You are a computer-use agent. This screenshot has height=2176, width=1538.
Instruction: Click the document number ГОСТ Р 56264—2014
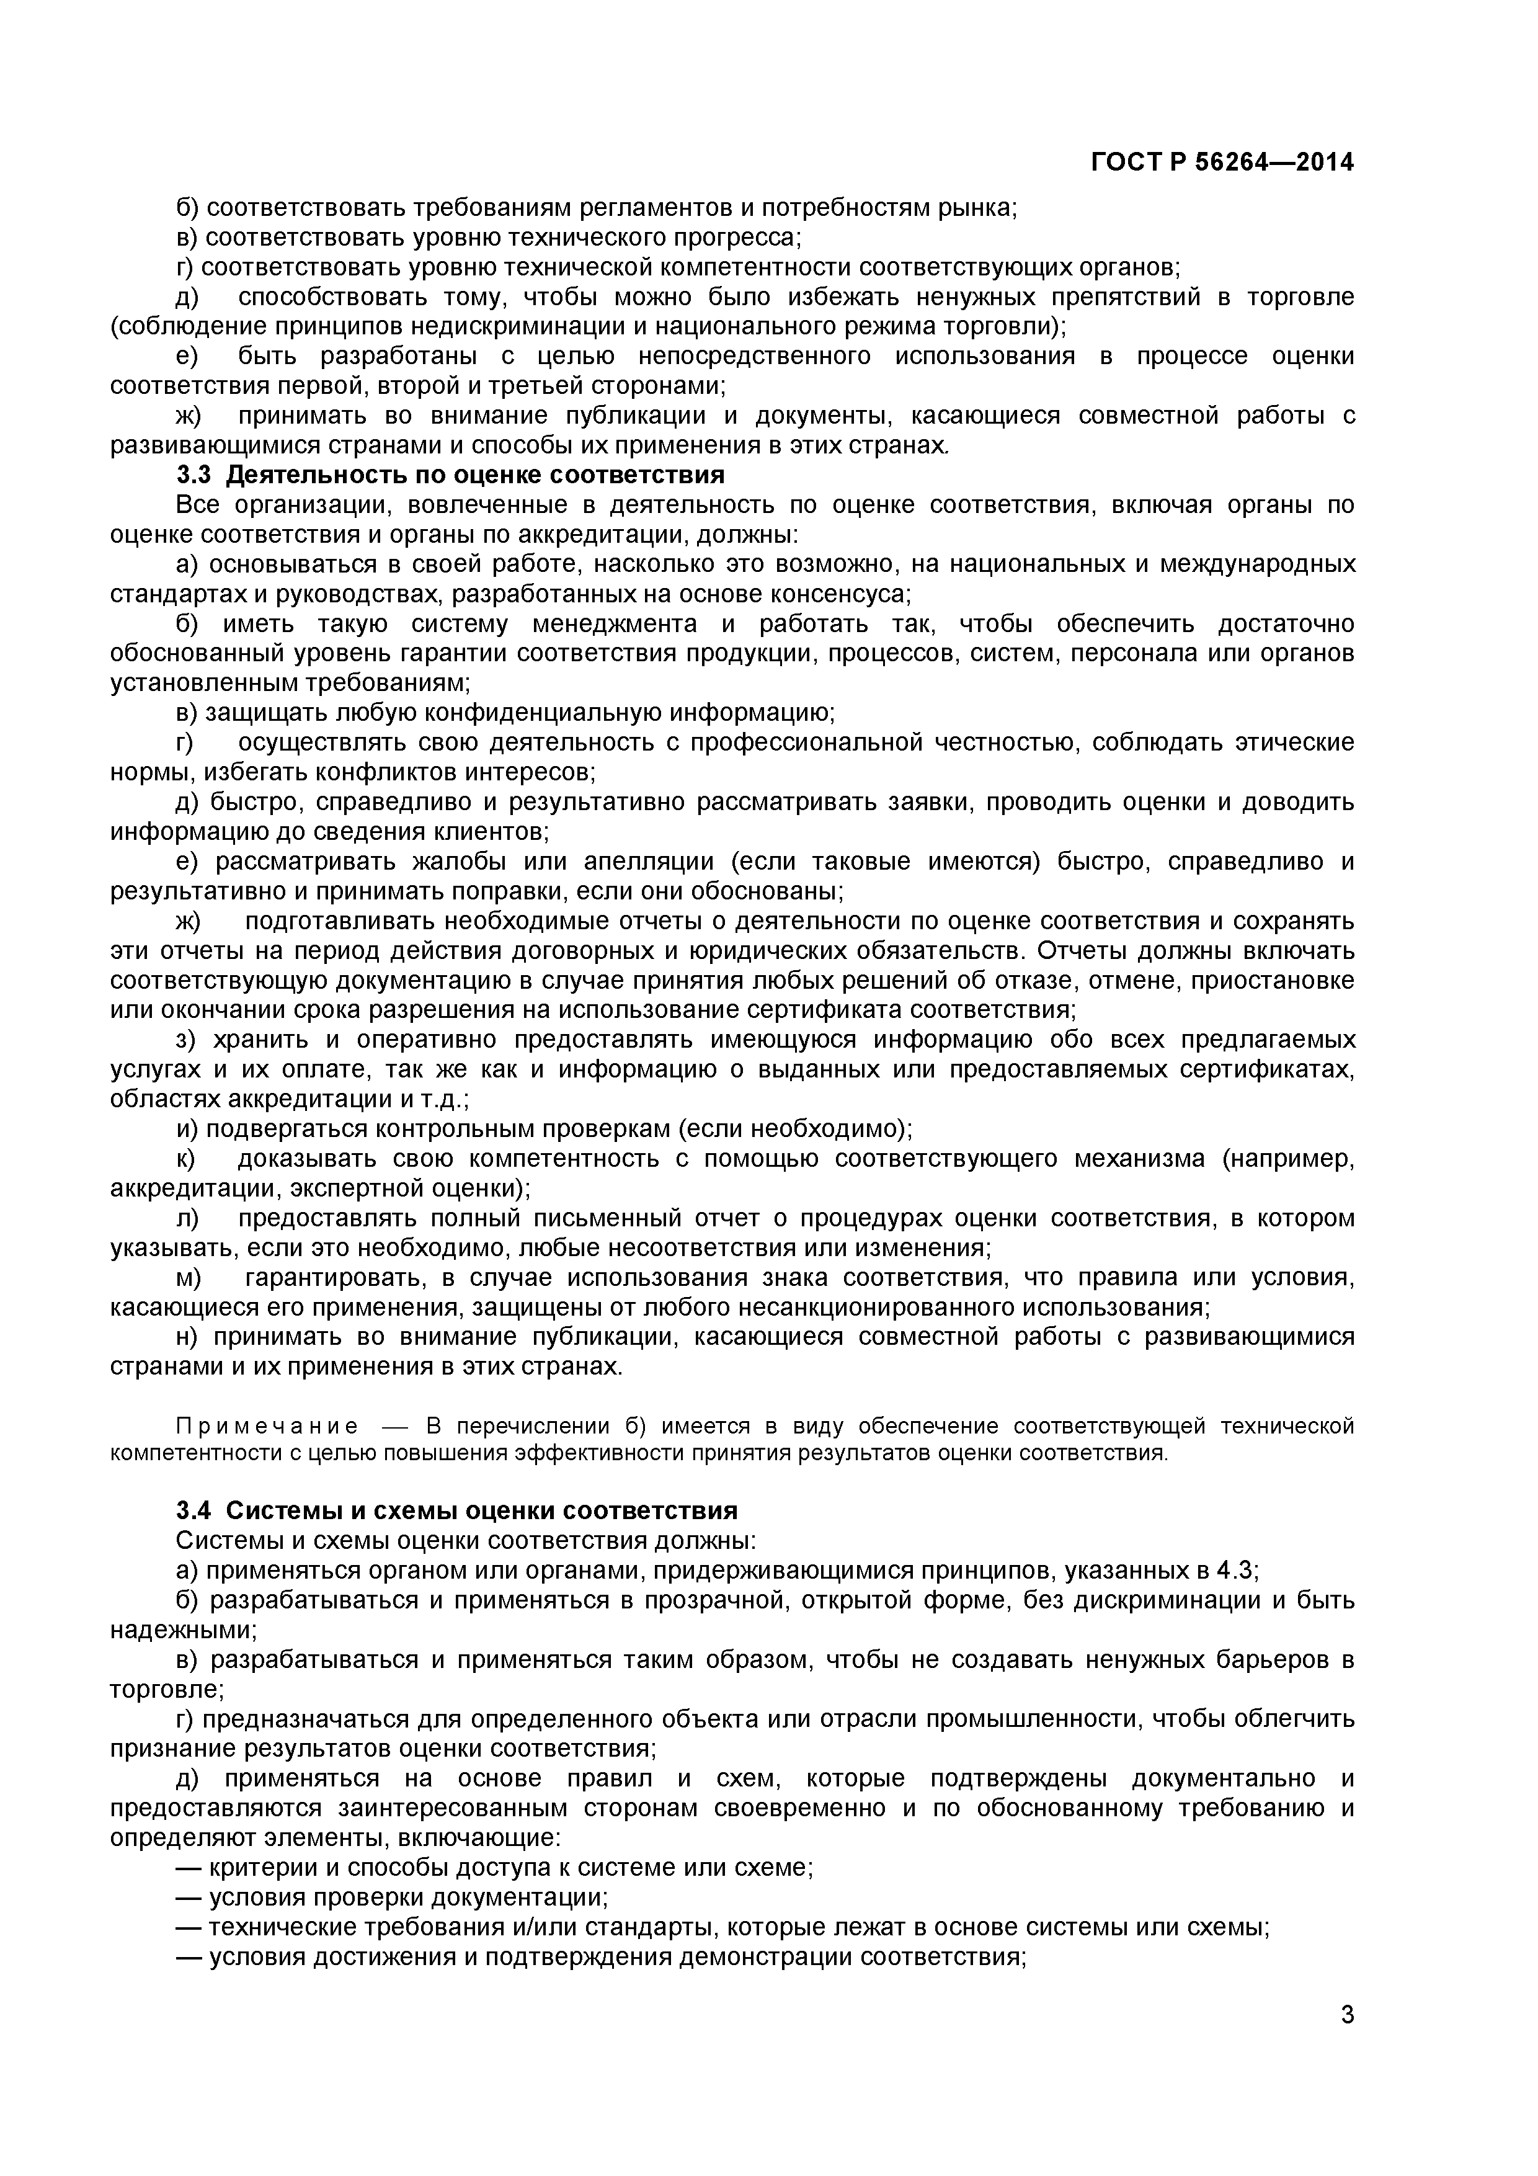tap(1222, 163)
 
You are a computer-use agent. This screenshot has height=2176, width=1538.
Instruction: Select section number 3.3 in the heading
tap(196, 475)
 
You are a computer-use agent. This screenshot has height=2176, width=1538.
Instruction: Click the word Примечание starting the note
tap(267, 1426)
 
